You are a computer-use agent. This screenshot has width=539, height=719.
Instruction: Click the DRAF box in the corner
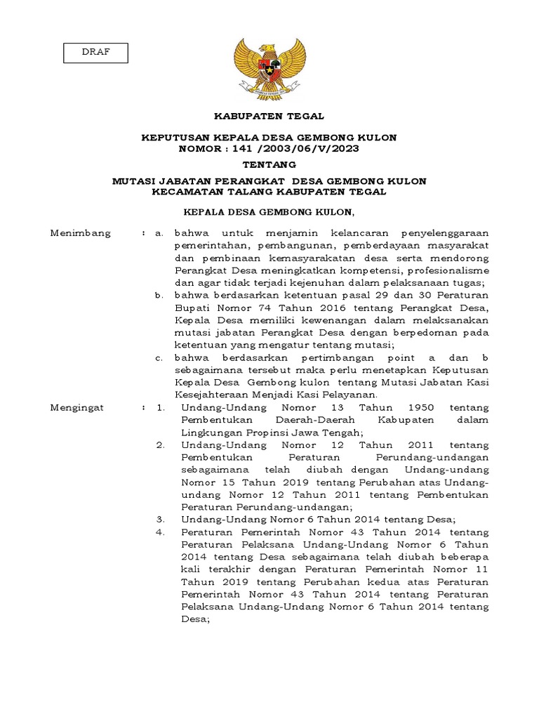click(x=95, y=53)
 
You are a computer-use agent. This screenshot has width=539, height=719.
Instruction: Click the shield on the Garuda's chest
click(x=269, y=69)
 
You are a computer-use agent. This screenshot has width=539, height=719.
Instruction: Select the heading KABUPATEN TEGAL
click(x=269, y=116)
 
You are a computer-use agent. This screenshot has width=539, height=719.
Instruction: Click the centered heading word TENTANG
click(x=269, y=164)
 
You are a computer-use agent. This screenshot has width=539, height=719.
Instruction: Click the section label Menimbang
click(x=81, y=233)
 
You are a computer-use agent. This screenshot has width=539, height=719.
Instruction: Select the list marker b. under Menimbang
click(x=160, y=295)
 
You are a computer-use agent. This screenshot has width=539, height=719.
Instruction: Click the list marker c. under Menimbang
click(x=160, y=357)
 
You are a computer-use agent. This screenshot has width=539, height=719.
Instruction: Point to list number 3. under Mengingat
click(x=160, y=520)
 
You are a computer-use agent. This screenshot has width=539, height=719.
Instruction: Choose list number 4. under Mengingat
click(x=160, y=532)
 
